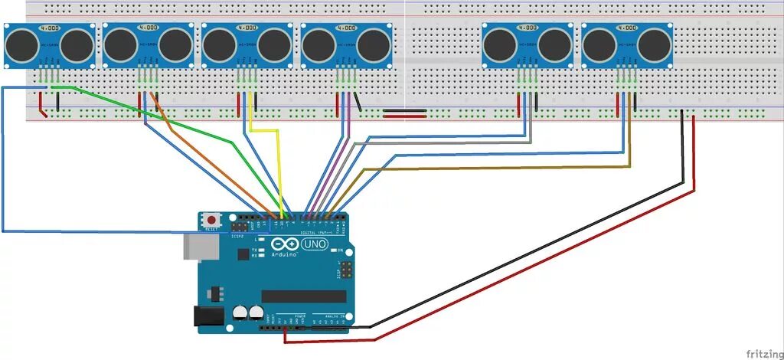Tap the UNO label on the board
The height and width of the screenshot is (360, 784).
coord(315,245)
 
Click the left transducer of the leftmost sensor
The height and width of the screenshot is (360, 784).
coord(21,45)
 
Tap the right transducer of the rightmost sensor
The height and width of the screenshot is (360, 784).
coord(655,45)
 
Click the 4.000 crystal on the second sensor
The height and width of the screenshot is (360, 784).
coord(149,28)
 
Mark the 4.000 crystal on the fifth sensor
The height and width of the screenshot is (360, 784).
coord(528,28)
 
